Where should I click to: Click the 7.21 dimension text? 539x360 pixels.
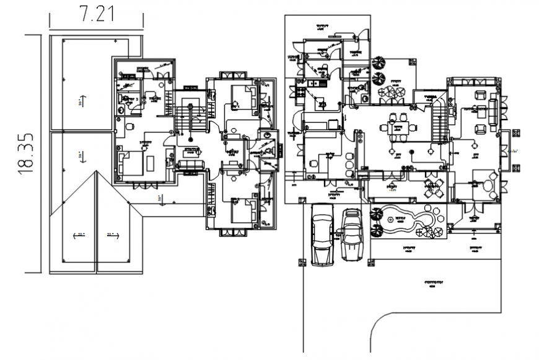click(x=97, y=13)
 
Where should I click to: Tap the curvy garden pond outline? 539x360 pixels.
click(x=409, y=220)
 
